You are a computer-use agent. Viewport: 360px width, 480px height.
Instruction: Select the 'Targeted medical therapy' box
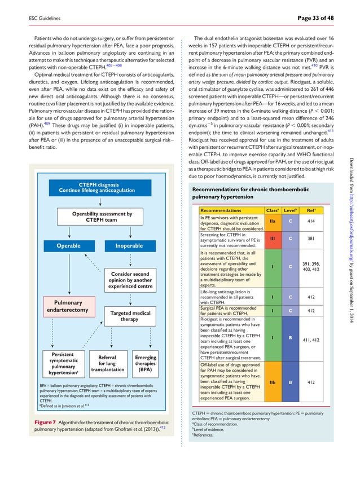coord(130,316)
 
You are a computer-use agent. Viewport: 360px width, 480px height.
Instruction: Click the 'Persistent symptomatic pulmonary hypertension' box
coord(63,364)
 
